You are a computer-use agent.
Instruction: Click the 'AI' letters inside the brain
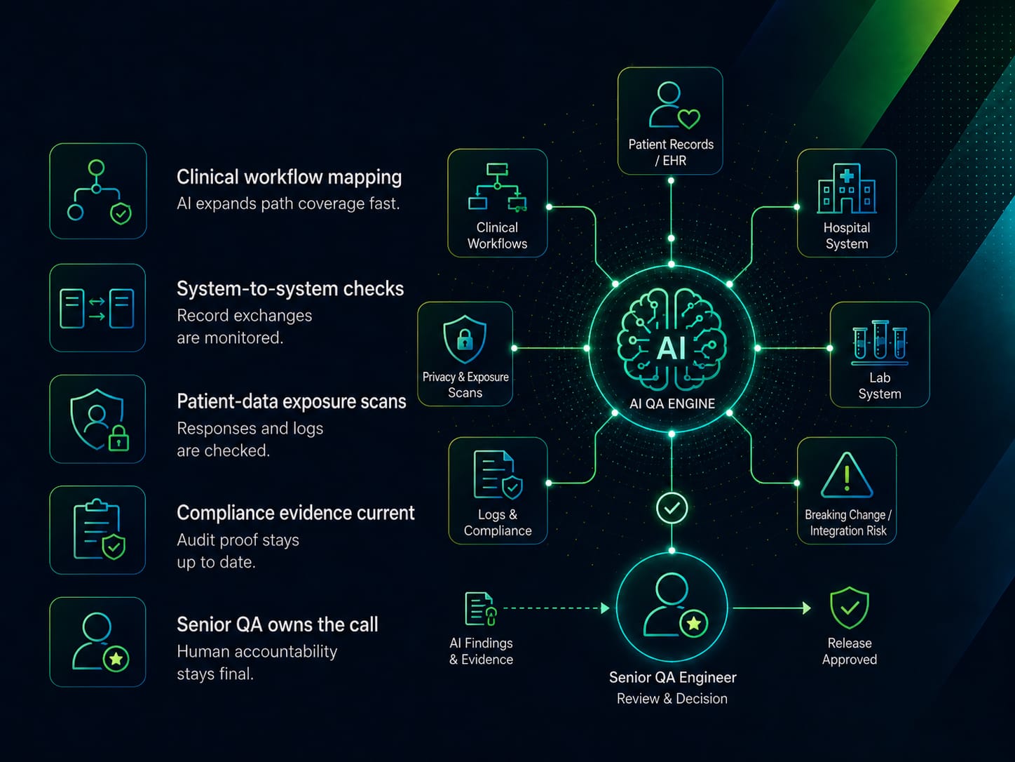(x=671, y=348)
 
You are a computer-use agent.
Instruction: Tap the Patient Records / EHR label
(x=671, y=152)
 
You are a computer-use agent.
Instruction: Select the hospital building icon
(x=847, y=188)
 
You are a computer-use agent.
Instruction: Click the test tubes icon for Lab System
(x=880, y=342)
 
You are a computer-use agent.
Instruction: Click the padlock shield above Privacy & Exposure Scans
(x=465, y=339)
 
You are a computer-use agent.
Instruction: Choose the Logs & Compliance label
(x=498, y=522)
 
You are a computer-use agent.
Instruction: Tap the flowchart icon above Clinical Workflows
(x=497, y=187)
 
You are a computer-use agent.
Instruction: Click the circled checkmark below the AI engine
(x=672, y=508)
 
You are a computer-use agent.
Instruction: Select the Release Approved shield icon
(x=850, y=608)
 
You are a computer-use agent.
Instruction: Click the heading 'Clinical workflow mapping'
(x=289, y=178)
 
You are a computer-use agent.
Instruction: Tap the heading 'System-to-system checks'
(x=290, y=288)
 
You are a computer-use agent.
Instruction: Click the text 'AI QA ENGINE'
(x=672, y=403)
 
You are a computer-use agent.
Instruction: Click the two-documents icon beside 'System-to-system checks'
(x=97, y=309)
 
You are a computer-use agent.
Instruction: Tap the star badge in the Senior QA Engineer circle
(x=694, y=624)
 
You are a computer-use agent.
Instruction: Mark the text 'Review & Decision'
(x=672, y=698)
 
